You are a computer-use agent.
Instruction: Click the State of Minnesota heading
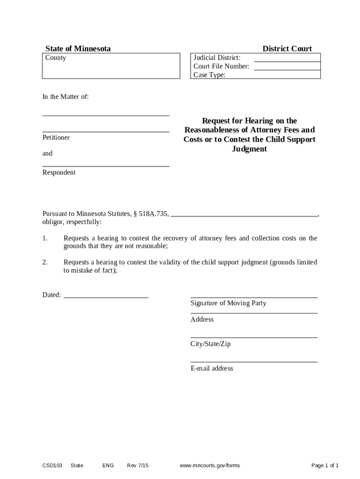pyautogui.click(x=78, y=49)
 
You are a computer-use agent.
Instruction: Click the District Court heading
pyautogui.click(x=287, y=49)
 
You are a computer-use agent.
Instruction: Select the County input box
pyautogui.click(x=111, y=66)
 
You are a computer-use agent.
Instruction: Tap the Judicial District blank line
pyautogui.click(x=287, y=59)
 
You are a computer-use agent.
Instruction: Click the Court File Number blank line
pyautogui.click(x=287, y=67)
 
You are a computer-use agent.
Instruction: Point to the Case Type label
pyautogui.click(x=209, y=75)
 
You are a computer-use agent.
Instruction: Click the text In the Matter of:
pyautogui.click(x=65, y=97)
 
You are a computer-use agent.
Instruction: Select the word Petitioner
pyautogui.click(x=56, y=138)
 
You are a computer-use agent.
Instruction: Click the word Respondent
pyautogui.click(x=59, y=173)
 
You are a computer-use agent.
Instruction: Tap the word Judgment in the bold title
pyautogui.click(x=249, y=149)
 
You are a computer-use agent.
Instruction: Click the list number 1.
pyautogui.click(x=45, y=239)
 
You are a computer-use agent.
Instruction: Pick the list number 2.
pyautogui.click(x=45, y=262)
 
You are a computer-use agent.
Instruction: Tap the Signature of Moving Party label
pyautogui.click(x=228, y=303)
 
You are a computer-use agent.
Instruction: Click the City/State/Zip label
pyautogui.click(x=210, y=344)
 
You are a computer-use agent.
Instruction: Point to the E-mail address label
pyautogui.click(x=212, y=368)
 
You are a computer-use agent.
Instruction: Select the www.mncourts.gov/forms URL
pyautogui.click(x=209, y=465)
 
